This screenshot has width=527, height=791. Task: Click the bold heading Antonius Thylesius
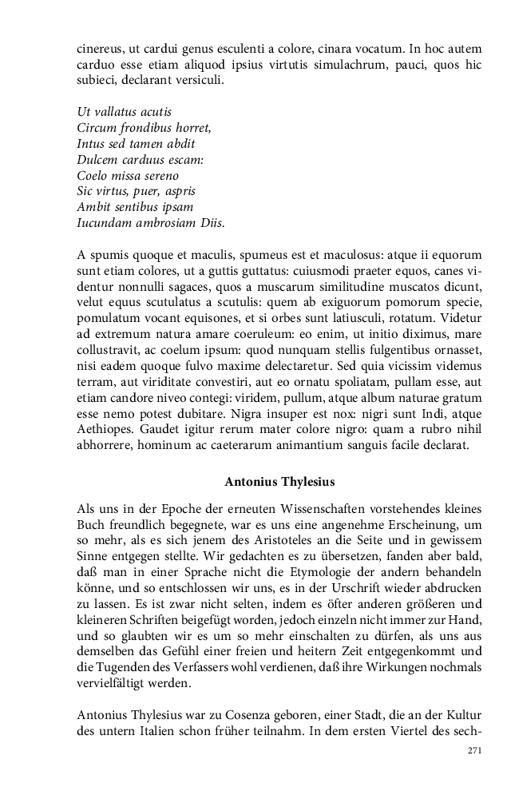point(279,482)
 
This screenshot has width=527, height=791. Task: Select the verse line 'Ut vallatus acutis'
point(124,112)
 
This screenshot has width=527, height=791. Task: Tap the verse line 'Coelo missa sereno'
point(128,176)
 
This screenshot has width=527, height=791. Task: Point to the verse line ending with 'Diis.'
point(151,224)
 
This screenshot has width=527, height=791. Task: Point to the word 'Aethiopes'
point(108,431)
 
